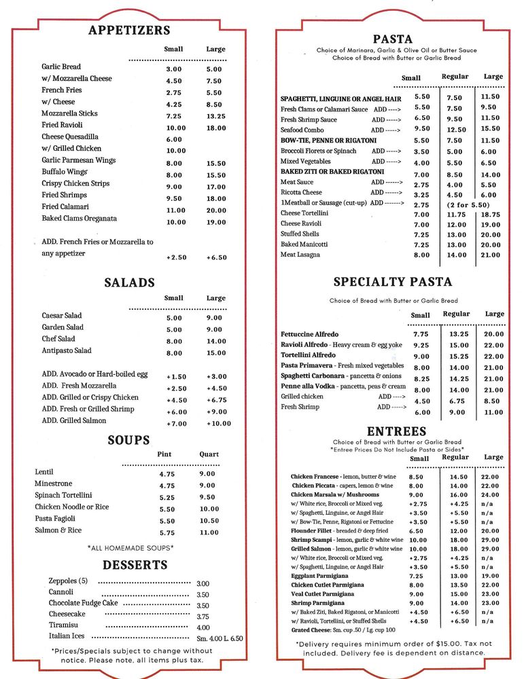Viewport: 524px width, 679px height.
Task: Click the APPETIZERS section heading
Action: click(129, 31)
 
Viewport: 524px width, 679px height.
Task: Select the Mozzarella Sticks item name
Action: click(69, 113)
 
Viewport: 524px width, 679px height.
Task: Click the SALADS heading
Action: click(129, 282)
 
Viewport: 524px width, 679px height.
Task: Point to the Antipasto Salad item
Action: click(67, 350)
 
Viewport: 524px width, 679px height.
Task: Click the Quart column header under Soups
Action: click(209, 454)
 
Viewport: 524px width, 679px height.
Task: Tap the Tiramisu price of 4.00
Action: click(203, 627)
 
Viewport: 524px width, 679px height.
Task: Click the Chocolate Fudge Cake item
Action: click(83, 603)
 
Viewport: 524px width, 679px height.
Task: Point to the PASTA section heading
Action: click(393, 39)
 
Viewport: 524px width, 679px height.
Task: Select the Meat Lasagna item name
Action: click(300, 255)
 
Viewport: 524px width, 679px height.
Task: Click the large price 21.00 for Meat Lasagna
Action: click(491, 255)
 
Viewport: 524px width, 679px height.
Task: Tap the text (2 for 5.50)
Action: click(468, 204)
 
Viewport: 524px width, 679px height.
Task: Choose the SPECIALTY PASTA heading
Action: click(392, 282)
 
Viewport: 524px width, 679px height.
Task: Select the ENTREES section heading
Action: click(396, 431)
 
